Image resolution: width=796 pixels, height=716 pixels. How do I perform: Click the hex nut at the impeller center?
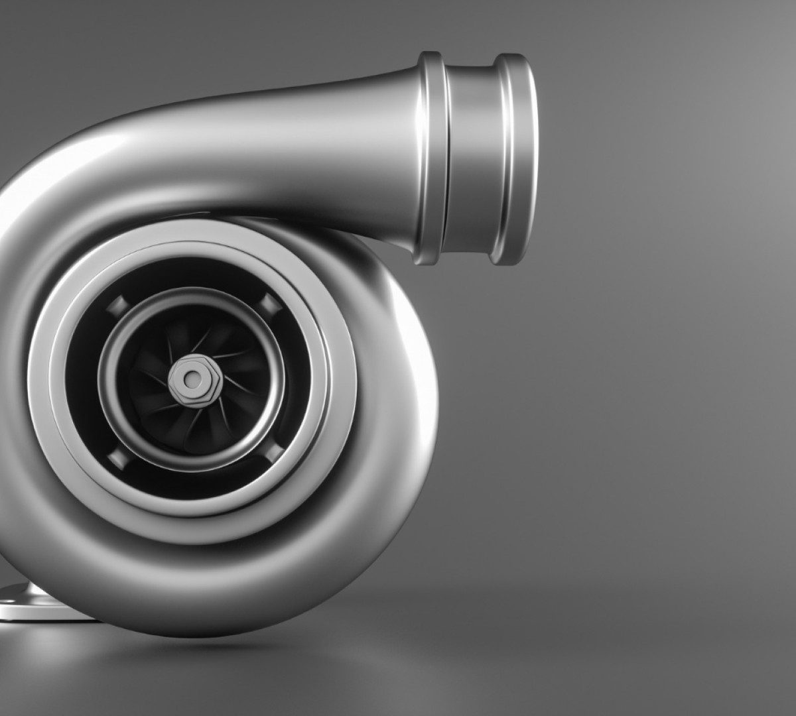click(192, 379)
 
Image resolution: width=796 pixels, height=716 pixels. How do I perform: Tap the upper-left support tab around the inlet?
click(115, 306)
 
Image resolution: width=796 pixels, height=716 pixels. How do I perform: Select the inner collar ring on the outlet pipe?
click(431, 159)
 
